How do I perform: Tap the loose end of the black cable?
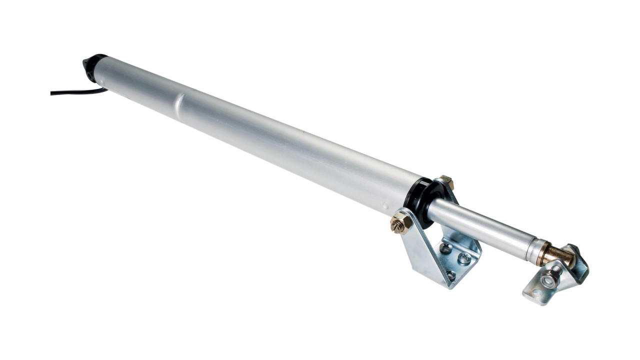click(52, 92)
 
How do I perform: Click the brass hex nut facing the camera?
click(400, 222)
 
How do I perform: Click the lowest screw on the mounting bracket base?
click(450, 274)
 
